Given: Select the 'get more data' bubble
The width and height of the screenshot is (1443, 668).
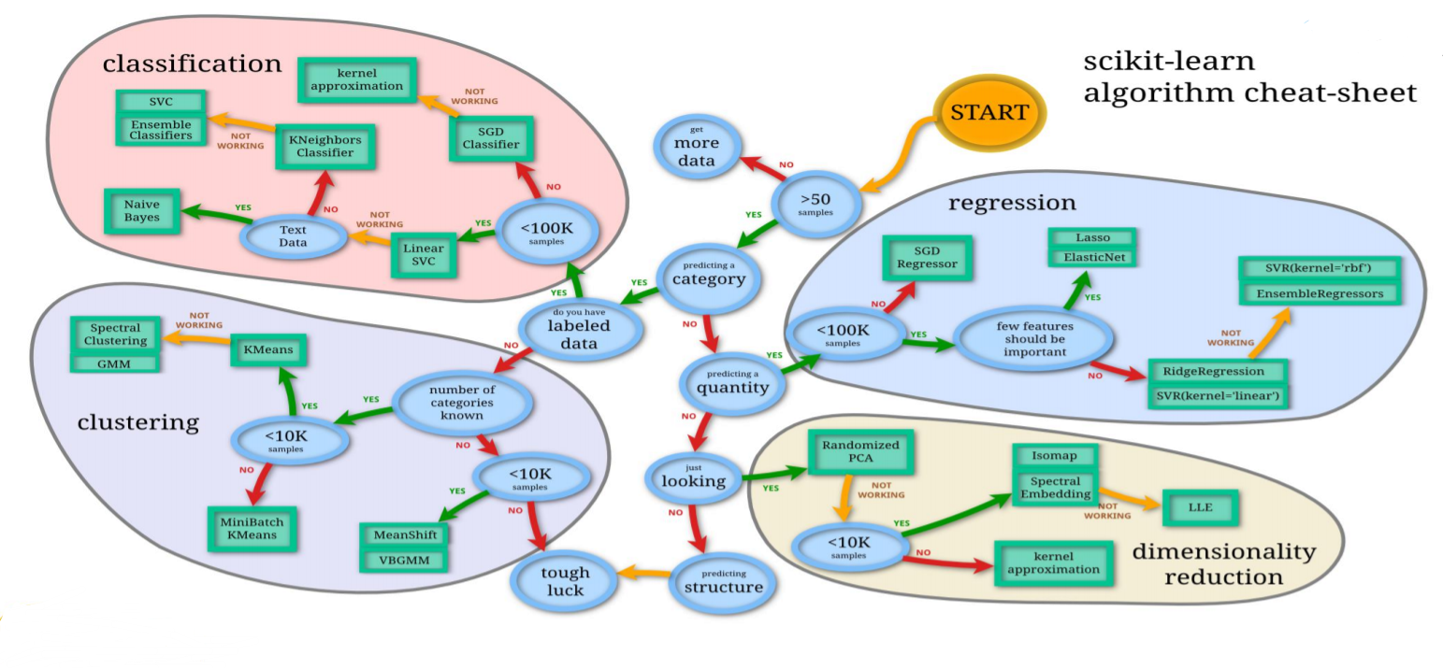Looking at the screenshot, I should [696, 149].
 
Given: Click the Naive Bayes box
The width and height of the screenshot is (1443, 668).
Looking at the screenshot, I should [141, 210].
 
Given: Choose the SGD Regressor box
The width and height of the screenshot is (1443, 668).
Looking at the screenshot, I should [927, 257].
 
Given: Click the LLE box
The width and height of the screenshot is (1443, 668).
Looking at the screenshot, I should [1199, 508].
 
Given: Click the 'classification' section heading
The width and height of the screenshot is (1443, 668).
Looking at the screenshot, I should [192, 64].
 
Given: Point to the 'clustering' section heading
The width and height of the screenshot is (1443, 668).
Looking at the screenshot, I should [137, 422].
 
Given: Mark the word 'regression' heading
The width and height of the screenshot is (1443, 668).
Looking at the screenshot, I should [1012, 203].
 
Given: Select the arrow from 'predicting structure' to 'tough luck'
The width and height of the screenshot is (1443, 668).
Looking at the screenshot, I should [642, 572].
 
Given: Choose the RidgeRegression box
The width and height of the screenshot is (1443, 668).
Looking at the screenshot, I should [1218, 370].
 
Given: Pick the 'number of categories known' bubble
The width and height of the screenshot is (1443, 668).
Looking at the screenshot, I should [463, 402].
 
